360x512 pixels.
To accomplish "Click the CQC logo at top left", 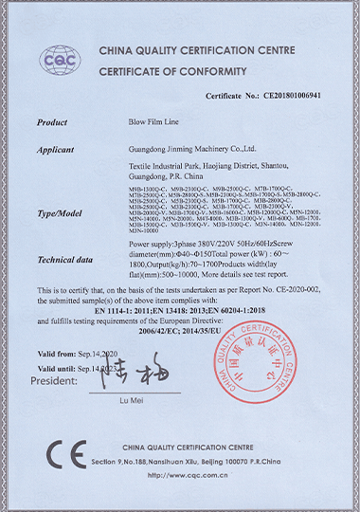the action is [x=60, y=62].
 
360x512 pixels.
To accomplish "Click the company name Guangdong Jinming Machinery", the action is [x=191, y=149].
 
